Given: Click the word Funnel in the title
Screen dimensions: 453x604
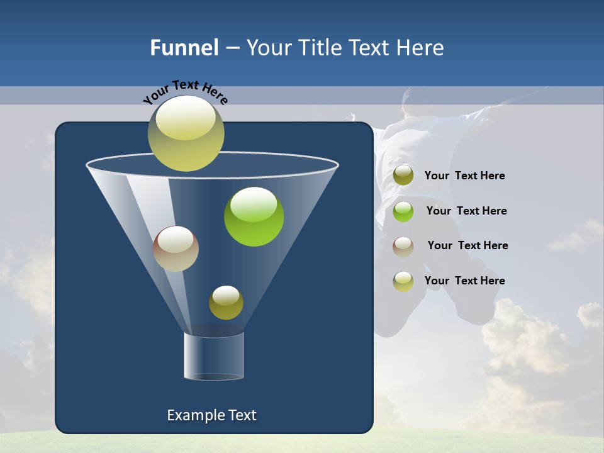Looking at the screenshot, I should pyautogui.click(x=184, y=48).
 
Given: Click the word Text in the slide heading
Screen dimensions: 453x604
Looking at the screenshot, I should pyautogui.click(x=371, y=48).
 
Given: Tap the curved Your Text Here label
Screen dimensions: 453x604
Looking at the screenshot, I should pyautogui.click(x=186, y=91).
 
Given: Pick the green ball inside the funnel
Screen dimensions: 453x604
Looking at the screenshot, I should pyautogui.click(x=254, y=217).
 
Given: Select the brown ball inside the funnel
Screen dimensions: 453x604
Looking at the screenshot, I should pyautogui.click(x=176, y=249).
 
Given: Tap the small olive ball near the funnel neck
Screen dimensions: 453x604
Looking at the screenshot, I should pyautogui.click(x=226, y=303).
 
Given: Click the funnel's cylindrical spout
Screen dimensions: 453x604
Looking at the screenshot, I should pyautogui.click(x=214, y=356).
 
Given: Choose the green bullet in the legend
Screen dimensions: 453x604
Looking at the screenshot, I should pyautogui.click(x=403, y=211).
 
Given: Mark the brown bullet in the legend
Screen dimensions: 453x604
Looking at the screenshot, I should pyautogui.click(x=403, y=246).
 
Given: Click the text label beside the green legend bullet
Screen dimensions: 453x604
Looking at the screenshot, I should pyautogui.click(x=466, y=211).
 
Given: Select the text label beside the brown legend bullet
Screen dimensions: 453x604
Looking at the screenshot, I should pyautogui.click(x=467, y=245).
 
